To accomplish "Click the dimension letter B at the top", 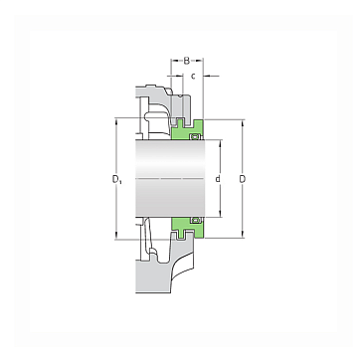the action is click(x=187, y=61).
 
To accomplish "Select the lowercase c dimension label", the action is click(x=193, y=77).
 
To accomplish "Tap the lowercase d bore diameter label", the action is click(x=218, y=179).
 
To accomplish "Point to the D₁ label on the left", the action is click(x=117, y=179).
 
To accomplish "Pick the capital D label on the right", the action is click(x=243, y=179).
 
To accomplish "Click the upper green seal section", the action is click(x=188, y=129).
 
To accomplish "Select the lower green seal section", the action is click(x=188, y=228).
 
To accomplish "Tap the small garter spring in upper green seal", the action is click(x=195, y=136).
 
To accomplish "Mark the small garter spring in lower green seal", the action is click(x=195, y=220).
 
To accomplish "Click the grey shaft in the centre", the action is click(x=170, y=178).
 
